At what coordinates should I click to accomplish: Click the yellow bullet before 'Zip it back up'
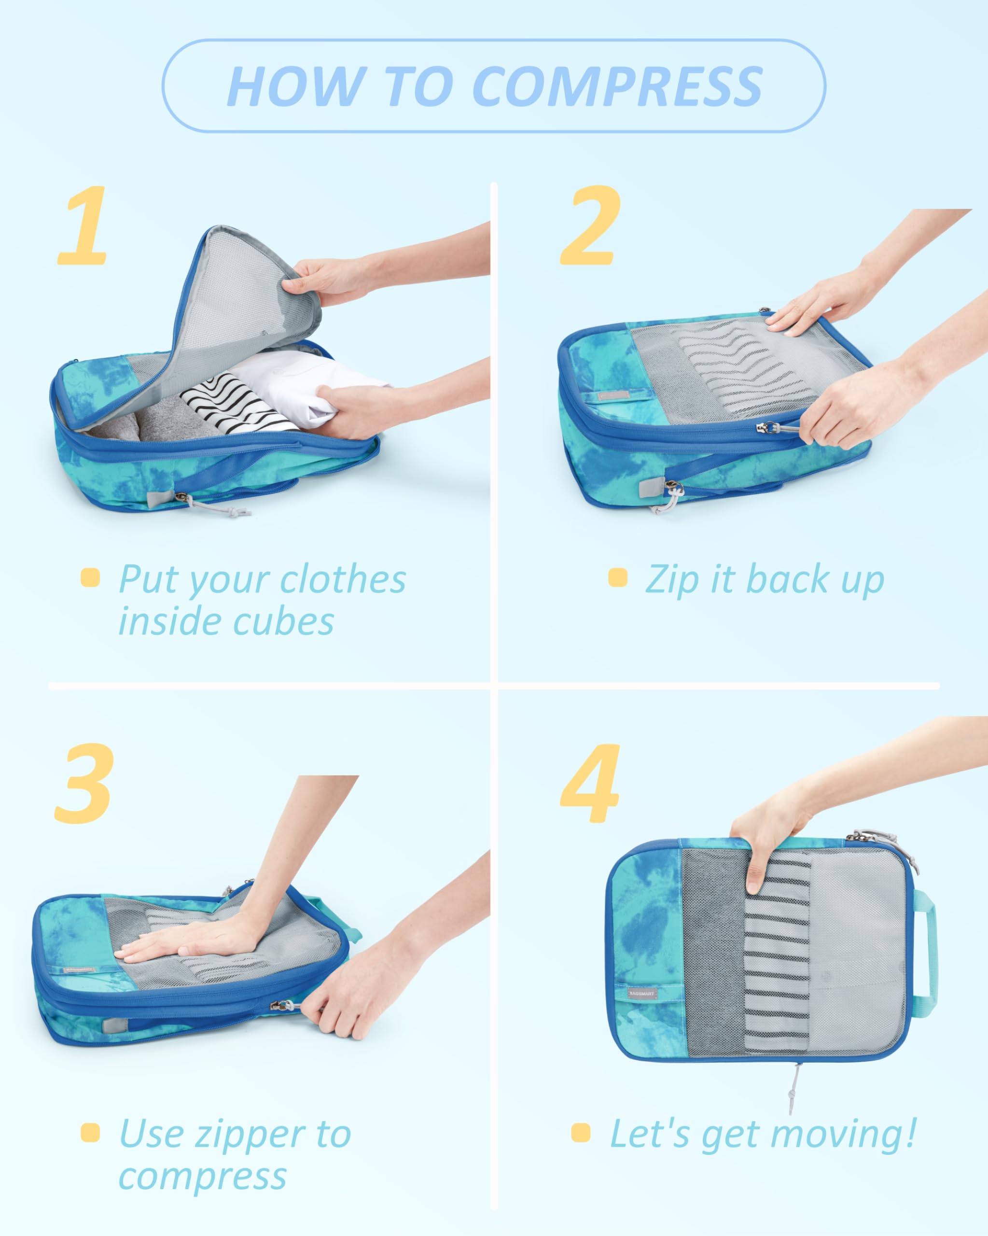tap(617, 577)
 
